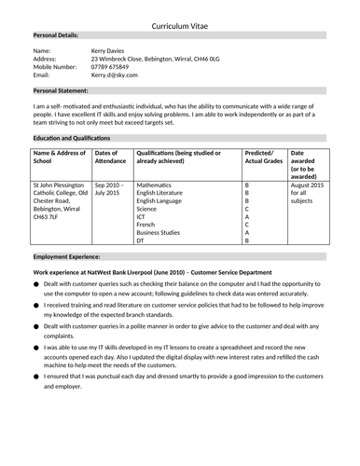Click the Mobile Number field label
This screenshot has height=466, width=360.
(55, 66)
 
